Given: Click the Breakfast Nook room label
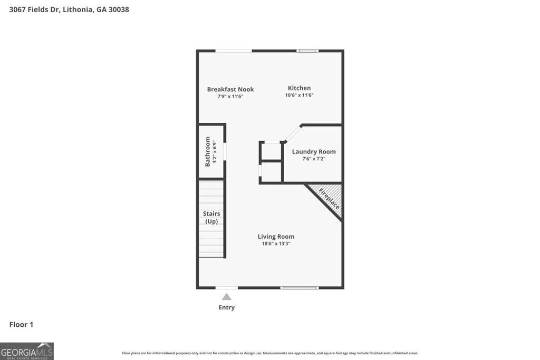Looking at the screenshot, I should [x=230, y=89].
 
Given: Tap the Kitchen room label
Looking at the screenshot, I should [x=299, y=88].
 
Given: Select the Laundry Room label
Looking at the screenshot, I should [x=314, y=152].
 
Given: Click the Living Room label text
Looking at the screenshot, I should [x=276, y=237].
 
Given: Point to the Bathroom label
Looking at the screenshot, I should [x=208, y=151].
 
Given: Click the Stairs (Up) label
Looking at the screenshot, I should [x=211, y=217].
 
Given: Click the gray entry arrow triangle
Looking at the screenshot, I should [x=226, y=297].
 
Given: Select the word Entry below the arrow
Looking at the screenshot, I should [x=227, y=307].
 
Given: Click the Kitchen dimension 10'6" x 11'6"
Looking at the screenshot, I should [x=299, y=95].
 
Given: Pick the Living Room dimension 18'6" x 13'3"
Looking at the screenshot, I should [x=276, y=244].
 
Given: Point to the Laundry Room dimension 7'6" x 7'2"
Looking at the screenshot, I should [x=314, y=159].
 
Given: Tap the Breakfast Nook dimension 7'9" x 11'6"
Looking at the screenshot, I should [x=230, y=96].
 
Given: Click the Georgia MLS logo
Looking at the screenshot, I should [x=27, y=351].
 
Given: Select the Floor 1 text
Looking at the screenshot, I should [x=21, y=325].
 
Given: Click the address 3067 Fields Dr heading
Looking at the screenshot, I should [x=69, y=9].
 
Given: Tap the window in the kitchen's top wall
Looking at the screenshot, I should [x=307, y=51].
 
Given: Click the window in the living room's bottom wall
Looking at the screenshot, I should [x=300, y=288].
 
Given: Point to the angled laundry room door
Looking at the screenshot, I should [x=293, y=133].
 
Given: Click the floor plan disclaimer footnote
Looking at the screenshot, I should [x=270, y=353].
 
